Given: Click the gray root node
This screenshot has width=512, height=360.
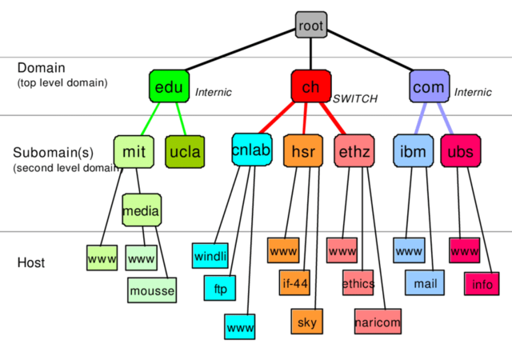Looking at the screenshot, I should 311,26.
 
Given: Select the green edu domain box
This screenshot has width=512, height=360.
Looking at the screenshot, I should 168,87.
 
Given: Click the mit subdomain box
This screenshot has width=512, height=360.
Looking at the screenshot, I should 133,151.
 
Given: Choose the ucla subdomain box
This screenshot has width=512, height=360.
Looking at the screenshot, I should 185,151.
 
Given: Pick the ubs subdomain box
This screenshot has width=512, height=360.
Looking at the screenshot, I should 460,151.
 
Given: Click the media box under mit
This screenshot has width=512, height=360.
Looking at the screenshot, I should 142,210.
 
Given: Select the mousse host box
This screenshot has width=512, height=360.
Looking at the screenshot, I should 151,290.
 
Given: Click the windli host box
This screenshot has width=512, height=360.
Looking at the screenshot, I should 210,256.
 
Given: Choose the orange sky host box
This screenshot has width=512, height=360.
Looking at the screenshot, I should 306,322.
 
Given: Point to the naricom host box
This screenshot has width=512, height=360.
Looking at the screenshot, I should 378,322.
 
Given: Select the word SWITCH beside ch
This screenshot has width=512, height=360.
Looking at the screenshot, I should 354,99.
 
